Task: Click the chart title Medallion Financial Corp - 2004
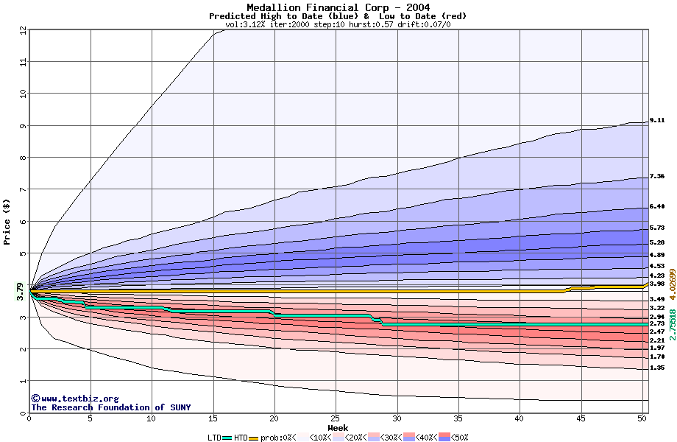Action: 338,7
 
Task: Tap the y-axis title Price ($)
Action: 7,221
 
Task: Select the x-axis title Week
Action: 338,427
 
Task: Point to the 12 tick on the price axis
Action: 24,30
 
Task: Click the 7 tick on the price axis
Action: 24,189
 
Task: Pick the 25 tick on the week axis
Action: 336,418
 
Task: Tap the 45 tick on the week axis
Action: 581,418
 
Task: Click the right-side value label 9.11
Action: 657,120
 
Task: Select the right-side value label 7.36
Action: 657,177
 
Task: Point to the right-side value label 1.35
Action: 657,368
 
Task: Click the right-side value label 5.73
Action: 657,228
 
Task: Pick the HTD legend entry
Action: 241,437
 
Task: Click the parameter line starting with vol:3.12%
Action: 338,24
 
